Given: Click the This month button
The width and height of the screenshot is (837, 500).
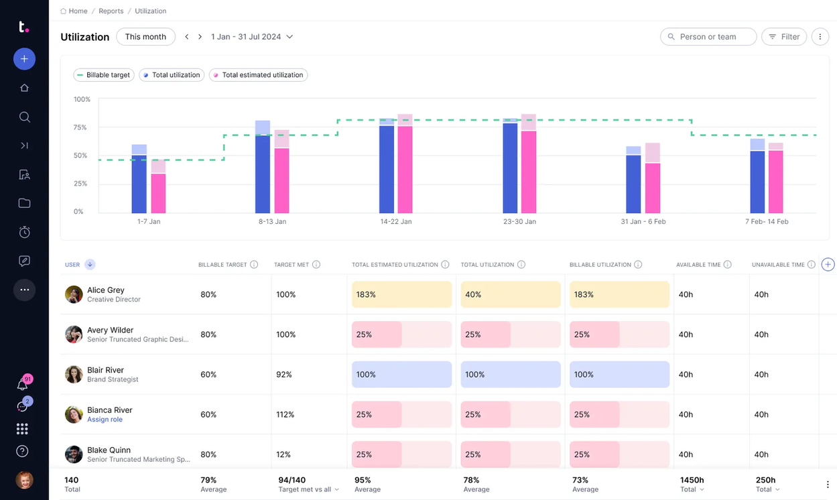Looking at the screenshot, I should (x=145, y=37).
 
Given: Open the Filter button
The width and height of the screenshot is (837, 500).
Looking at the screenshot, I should (x=783, y=37).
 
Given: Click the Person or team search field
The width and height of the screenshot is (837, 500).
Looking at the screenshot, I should (x=708, y=37).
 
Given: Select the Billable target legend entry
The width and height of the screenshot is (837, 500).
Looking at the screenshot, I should (x=103, y=75).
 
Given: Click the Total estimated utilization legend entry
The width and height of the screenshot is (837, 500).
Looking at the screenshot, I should (x=258, y=75).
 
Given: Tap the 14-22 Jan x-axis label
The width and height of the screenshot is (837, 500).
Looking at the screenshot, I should (x=396, y=221).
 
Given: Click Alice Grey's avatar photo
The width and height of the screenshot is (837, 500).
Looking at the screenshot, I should (x=74, y=294).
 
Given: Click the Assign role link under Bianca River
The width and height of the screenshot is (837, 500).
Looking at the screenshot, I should (x=105, y=420).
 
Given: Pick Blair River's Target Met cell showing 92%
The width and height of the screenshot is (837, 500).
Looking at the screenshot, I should (x=285, y=375).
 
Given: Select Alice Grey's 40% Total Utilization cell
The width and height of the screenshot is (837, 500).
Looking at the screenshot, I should (x=510, y=294).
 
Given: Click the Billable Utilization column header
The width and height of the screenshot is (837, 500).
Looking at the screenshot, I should (x=600, y=265).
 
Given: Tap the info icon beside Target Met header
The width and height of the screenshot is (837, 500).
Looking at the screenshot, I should (x=316, y=265).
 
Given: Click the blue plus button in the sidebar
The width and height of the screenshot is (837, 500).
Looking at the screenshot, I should (x=24, y=59).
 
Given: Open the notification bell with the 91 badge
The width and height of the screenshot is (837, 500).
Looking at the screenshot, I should (x=23, y=385).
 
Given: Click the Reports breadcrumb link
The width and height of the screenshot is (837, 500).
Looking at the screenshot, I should (x=111, y=11).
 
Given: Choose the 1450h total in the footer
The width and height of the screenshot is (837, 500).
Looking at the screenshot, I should (x=692, y=480).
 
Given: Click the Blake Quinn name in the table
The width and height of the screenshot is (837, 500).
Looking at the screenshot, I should (x=109, y=450).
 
